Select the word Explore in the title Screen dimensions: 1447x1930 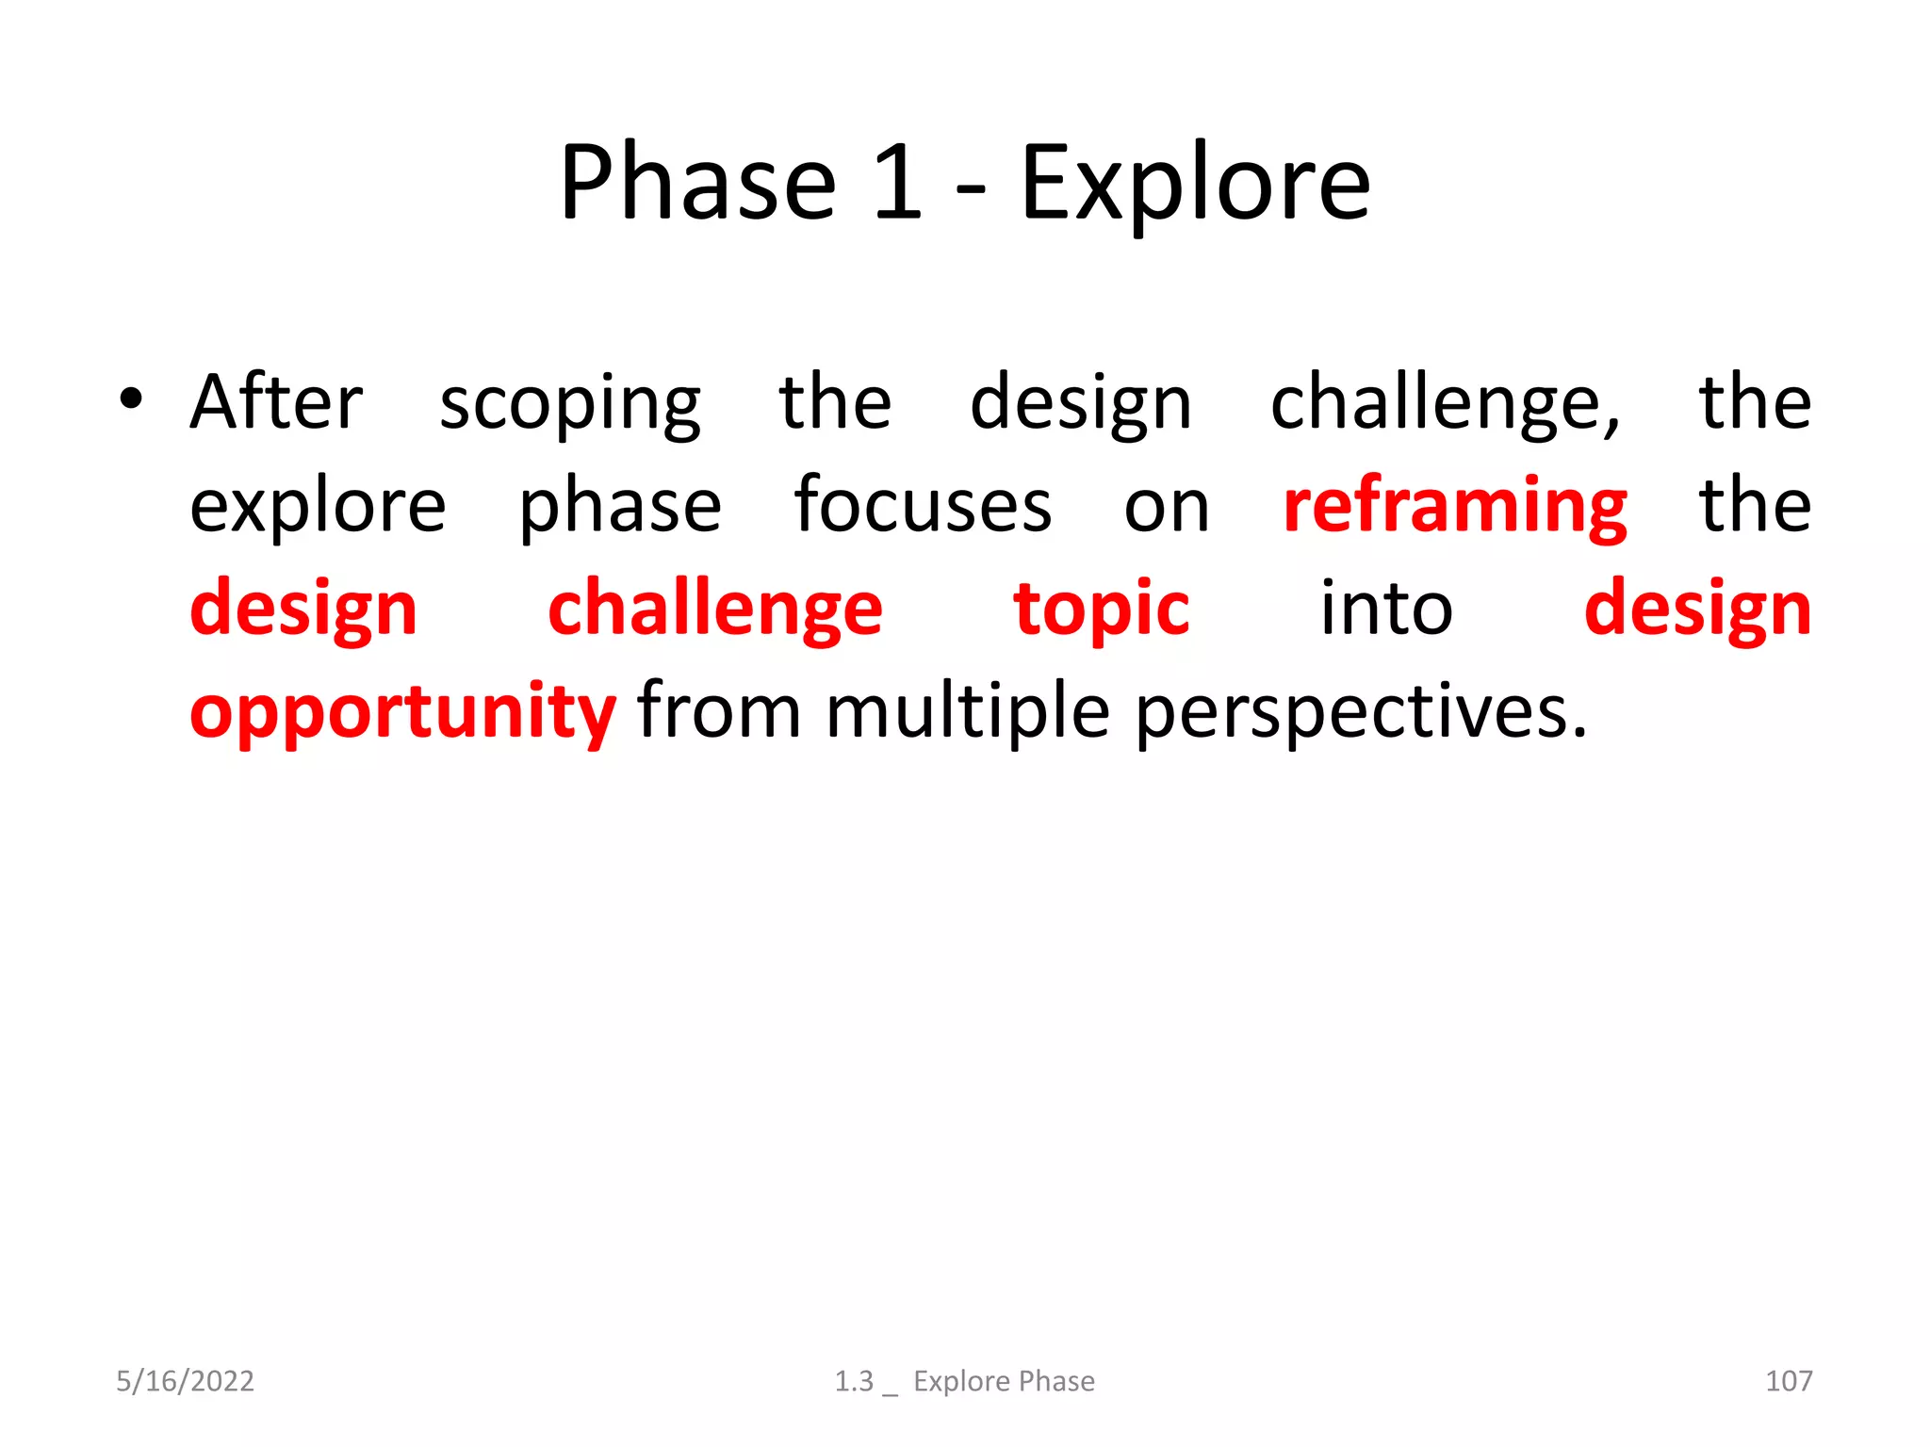[1195, 184]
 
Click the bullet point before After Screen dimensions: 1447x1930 [131, 399]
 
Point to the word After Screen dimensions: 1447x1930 [276, 402]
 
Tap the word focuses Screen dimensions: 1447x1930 [922, 506]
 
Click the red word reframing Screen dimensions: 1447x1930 [1454, 509]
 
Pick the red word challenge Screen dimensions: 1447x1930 [714, 610]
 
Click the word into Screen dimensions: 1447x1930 [1385, 609]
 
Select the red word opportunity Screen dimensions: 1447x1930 [402, 713]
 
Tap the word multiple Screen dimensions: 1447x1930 [968, 713]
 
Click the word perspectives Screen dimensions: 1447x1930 [1360, 713]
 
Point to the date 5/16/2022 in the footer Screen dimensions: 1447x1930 [185, 1381]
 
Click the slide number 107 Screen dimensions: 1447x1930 [1788, 1381]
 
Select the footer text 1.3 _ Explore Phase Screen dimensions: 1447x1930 [964, 1381]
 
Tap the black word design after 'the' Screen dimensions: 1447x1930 [1081, 405]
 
